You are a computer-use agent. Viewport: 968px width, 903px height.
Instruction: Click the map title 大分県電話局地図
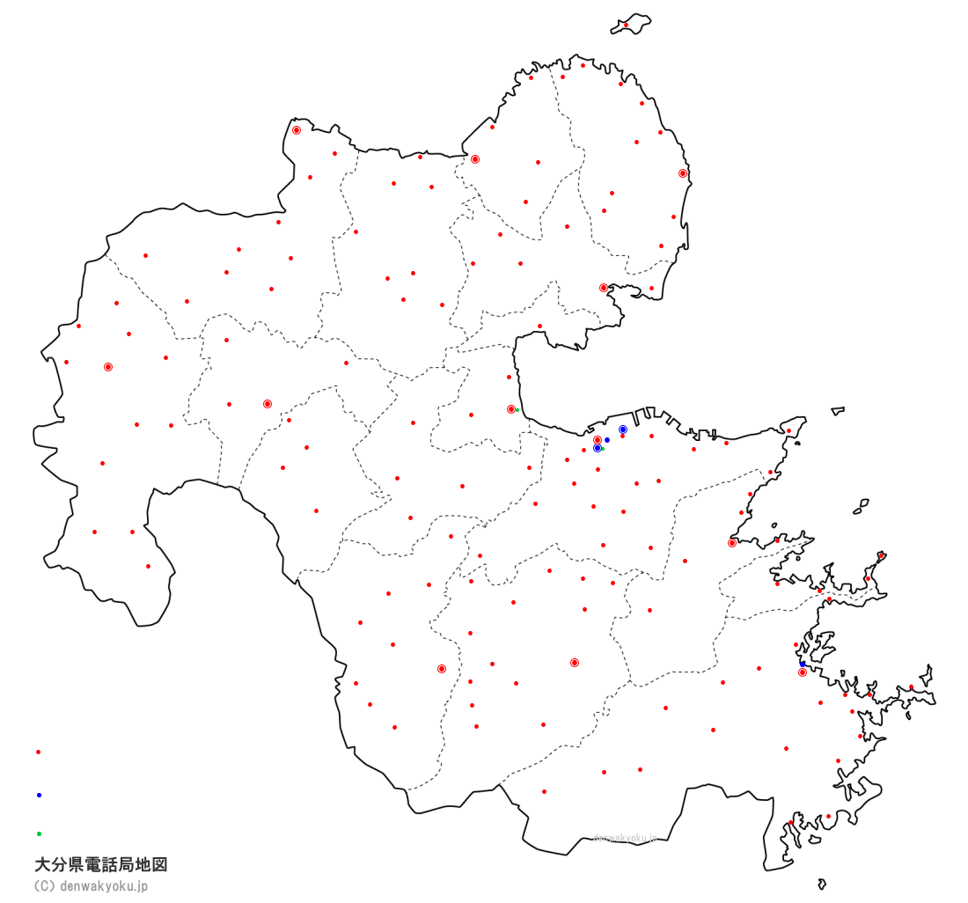point(100,865)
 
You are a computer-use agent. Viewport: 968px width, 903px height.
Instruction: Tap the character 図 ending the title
point(159,865)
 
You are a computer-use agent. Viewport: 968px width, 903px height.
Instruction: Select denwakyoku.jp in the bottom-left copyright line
point(104,886)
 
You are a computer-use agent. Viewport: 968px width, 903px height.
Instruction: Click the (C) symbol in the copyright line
point(44,886)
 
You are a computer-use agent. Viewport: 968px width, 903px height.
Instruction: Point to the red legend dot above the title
point(38,752)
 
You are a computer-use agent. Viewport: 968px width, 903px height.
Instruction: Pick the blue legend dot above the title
point(39,795)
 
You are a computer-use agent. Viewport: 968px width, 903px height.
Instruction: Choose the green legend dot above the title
point(39,833)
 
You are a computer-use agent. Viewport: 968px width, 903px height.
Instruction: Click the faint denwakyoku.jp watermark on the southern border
point(625,838)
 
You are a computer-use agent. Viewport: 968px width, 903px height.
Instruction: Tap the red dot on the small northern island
point(626,25)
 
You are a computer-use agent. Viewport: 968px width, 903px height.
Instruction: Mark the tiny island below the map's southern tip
point(822,884)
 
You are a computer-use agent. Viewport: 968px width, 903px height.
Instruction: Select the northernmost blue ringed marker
point(623,429)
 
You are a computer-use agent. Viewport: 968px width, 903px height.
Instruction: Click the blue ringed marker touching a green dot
point(598,448)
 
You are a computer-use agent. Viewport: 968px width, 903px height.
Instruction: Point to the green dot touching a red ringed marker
point(517,410)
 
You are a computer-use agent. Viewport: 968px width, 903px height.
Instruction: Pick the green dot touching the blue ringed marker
point(603,449)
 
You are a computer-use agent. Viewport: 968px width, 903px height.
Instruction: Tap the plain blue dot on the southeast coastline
point(803,664)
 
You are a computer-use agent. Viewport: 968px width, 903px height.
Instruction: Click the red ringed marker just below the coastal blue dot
point(803,672)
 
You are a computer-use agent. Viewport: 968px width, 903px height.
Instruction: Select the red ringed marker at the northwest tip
point(297,130)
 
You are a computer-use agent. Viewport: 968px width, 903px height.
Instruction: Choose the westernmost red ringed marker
point(108,367)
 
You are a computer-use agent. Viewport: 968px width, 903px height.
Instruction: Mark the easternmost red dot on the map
point(912,687)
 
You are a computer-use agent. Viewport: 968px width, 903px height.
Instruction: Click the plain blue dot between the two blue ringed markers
point(607,440)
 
